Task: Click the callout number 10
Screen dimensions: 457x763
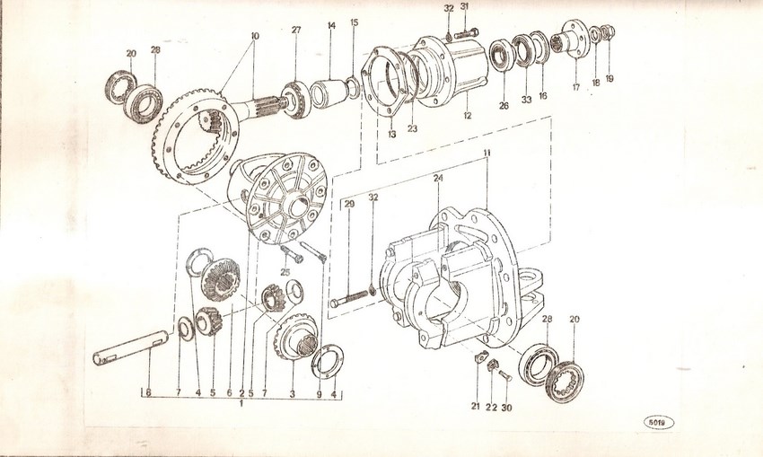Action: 255,36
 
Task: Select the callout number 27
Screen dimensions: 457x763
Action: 295,30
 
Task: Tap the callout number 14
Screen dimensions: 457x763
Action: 331,26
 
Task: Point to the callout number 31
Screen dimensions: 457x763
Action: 465,7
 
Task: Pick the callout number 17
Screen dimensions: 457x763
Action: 575,88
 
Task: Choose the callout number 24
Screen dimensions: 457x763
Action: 438,179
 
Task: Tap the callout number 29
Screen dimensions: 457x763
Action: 349,206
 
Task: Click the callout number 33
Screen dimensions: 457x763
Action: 526,100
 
